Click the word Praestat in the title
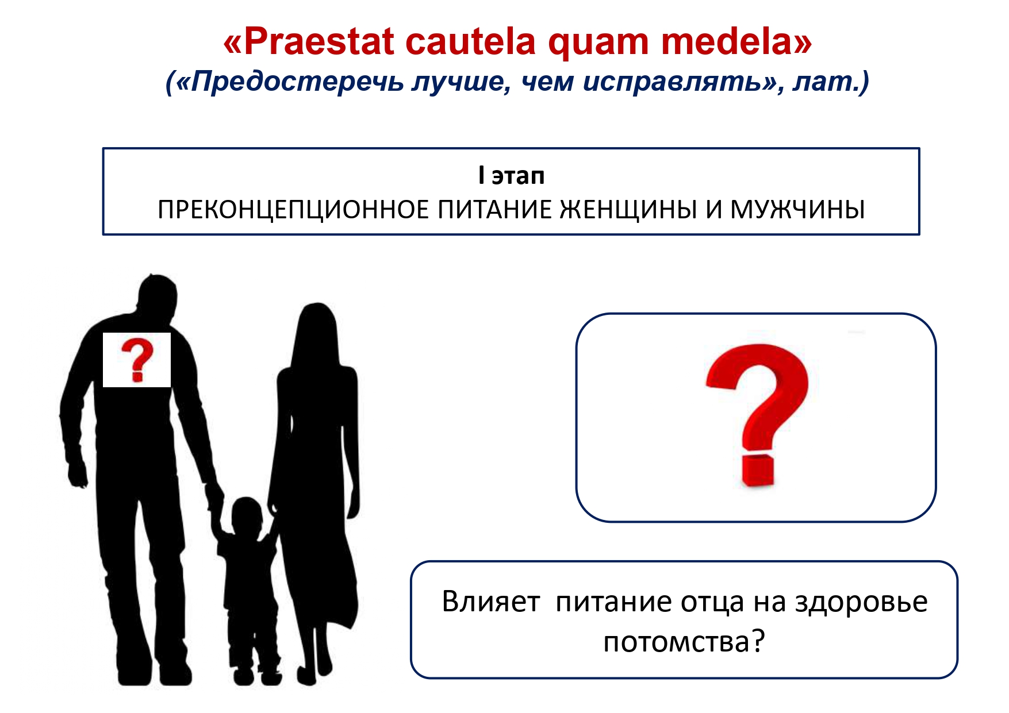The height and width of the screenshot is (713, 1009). (x=320, y=41)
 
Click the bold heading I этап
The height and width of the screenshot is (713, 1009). (x=511, y=175)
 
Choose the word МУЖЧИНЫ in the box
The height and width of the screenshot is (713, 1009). (x=797, y=210)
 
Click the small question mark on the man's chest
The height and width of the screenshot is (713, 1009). (x=137, y=360)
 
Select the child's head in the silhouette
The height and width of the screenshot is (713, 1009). (x=247, y=515)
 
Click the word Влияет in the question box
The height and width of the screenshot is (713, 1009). (x=490, y=602)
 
